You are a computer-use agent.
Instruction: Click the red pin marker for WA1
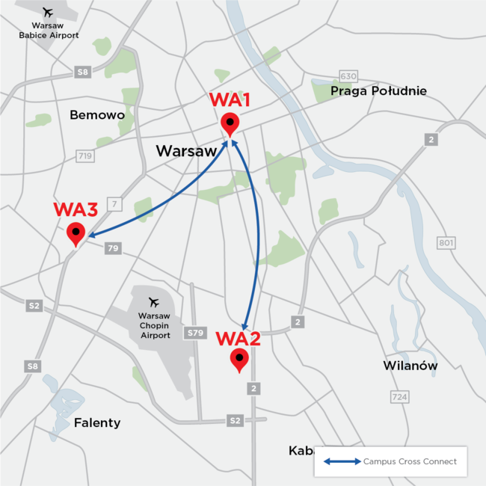230,123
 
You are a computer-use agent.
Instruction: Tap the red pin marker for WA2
239,360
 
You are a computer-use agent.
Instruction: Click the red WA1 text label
230,100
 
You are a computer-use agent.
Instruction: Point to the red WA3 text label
75,210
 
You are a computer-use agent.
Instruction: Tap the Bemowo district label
97,115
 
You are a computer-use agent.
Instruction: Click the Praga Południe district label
379,91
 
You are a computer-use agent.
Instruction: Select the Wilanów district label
410,366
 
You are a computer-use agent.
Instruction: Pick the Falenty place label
97,422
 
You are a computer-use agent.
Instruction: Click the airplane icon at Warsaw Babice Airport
49,13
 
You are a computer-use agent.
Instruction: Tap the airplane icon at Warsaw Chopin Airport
155,302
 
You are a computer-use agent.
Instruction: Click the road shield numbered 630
348,76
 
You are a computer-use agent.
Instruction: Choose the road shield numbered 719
85,156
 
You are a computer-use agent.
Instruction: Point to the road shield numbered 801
446,243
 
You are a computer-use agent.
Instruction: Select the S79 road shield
196,332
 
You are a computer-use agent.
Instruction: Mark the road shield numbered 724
399,397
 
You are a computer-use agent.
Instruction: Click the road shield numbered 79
113,248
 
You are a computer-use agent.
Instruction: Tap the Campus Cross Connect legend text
410,461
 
